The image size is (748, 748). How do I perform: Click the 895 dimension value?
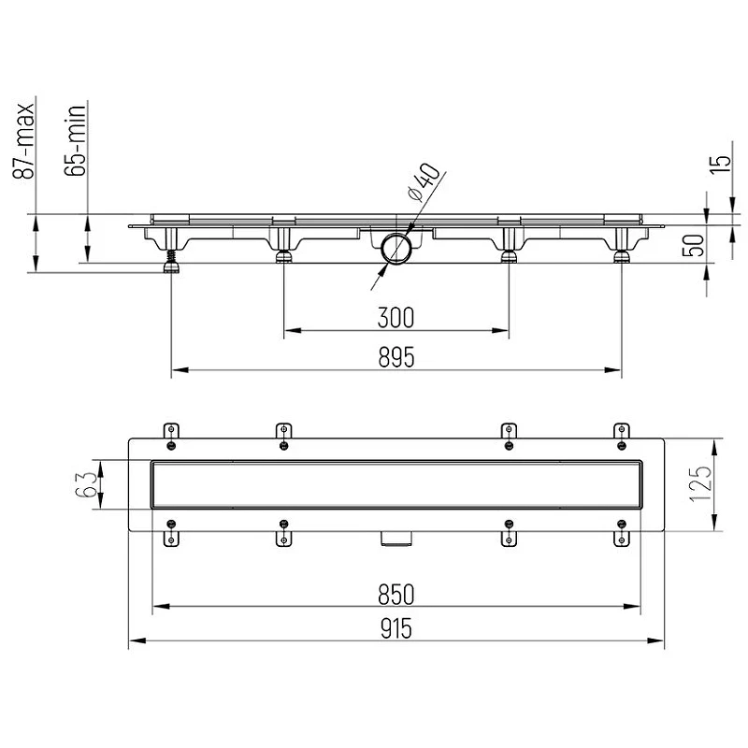[396, 357]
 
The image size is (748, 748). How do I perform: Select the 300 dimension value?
[396, 318]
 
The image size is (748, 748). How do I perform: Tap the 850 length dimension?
[396, 595]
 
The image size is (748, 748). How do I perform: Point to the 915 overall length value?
[396, 628]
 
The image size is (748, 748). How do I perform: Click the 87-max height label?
[23, 141]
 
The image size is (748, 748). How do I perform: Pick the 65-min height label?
[75, 140]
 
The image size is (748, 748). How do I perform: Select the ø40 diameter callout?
[423, 182]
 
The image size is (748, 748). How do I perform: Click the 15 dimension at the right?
[722, 165]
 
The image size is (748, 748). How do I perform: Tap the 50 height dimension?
[696, 246]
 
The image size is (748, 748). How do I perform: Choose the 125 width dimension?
[701, 483]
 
